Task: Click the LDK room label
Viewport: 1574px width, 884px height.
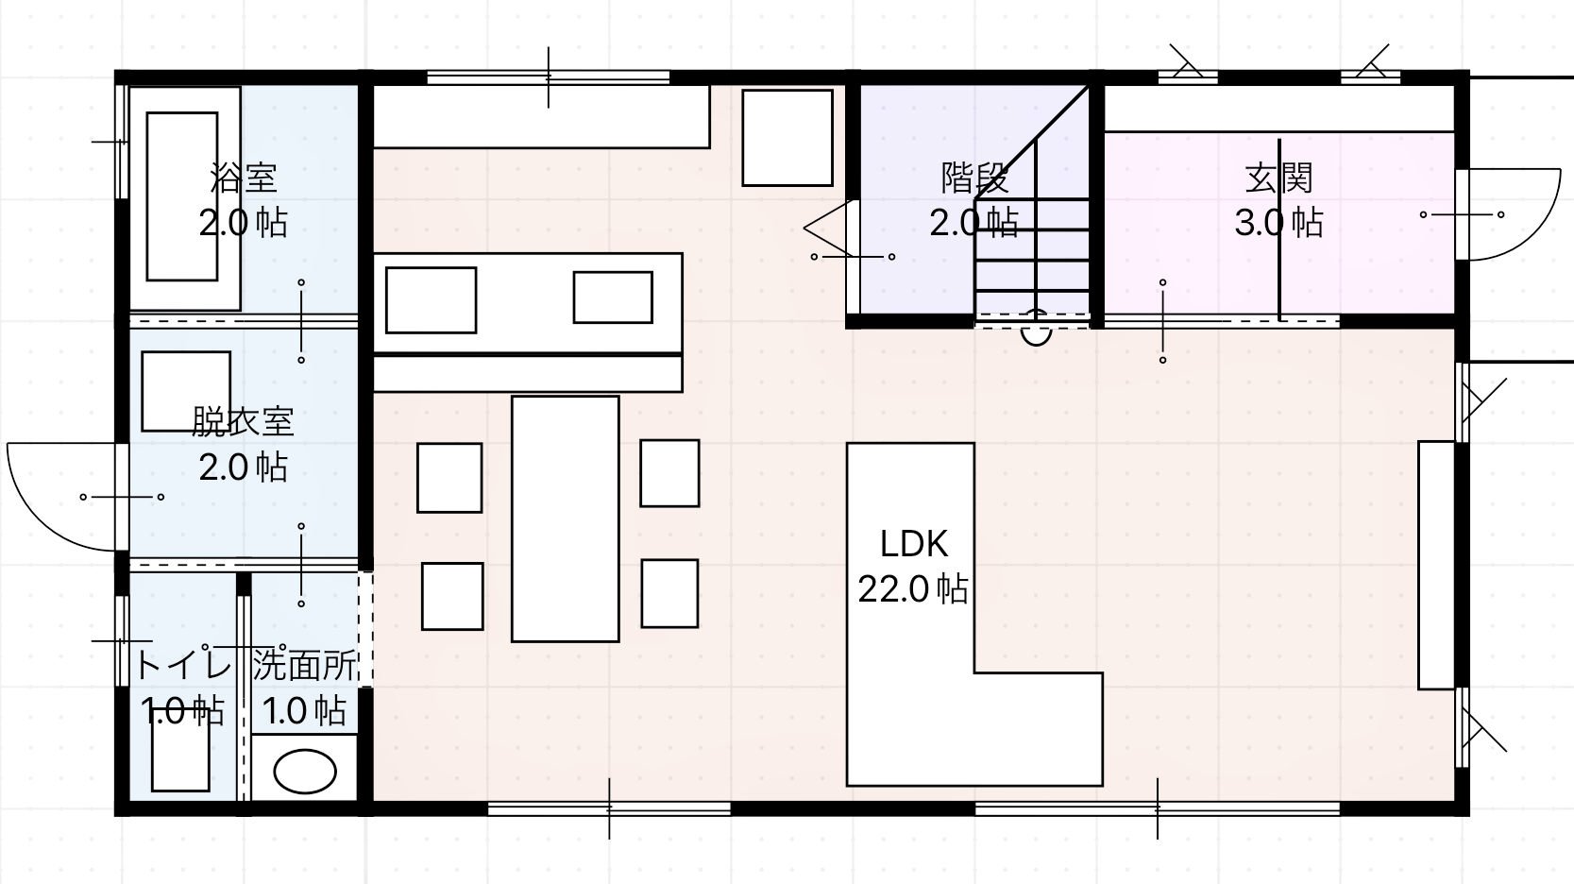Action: coord(913,544)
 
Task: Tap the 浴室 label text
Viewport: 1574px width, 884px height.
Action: coord(244,178)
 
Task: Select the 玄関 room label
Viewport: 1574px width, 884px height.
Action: coord(1278,178)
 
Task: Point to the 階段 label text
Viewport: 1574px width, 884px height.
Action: coord(974,178)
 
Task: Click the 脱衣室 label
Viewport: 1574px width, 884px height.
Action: coord(243,421)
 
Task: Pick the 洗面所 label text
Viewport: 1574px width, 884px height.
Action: coord(304,665)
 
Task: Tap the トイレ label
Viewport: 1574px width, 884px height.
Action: coord(182,665)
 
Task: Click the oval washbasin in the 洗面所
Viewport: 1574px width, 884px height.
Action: coord(305,772)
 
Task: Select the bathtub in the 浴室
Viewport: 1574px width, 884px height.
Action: coord(182,196)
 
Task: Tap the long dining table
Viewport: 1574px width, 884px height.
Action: coord(565,518)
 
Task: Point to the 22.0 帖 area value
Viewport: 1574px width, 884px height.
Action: coord(913,589)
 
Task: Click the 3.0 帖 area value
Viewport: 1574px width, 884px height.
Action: coord(1278,224)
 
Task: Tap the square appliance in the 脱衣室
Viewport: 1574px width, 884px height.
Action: coord(186,391)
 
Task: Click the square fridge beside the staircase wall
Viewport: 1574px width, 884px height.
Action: coord(787,138)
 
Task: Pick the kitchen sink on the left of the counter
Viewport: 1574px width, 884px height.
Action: coord(431,300)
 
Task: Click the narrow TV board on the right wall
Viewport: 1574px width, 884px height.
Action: coord(1435,565)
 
